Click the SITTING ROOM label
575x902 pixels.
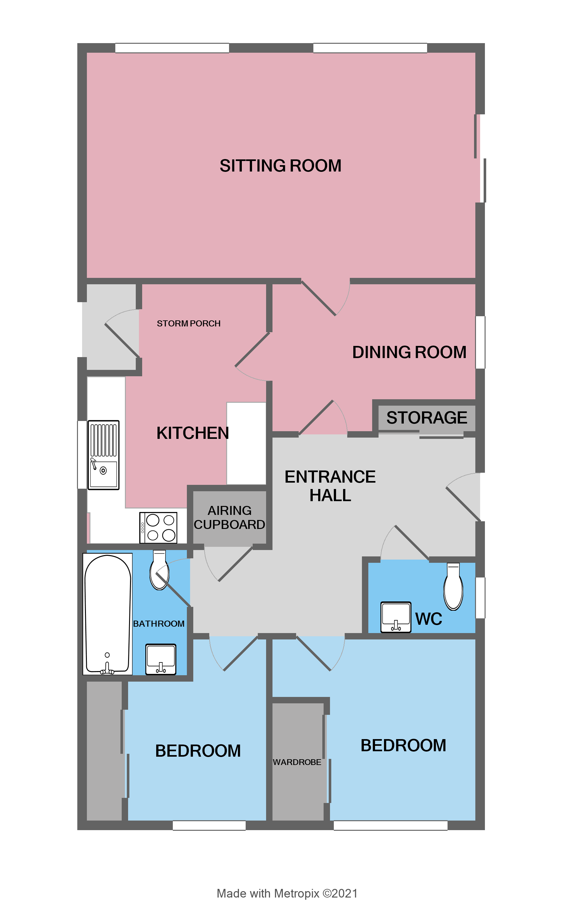click(280, 165)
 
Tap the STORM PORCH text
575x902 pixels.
click(188, 323)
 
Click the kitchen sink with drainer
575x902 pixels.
click(103, 455)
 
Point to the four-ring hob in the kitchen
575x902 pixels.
click(158, 527)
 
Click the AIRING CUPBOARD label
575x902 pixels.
click(229, 517)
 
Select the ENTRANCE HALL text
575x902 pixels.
click(330, 486)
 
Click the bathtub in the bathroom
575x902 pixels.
click(108, 614)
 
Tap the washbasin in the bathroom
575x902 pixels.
click(161, 659)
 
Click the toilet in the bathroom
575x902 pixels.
click(159, 570)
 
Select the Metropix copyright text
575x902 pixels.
click(287, 893)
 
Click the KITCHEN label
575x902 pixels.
click(193, 433)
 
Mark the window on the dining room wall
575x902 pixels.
click(480, 342)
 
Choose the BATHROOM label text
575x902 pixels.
click(158, 624)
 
